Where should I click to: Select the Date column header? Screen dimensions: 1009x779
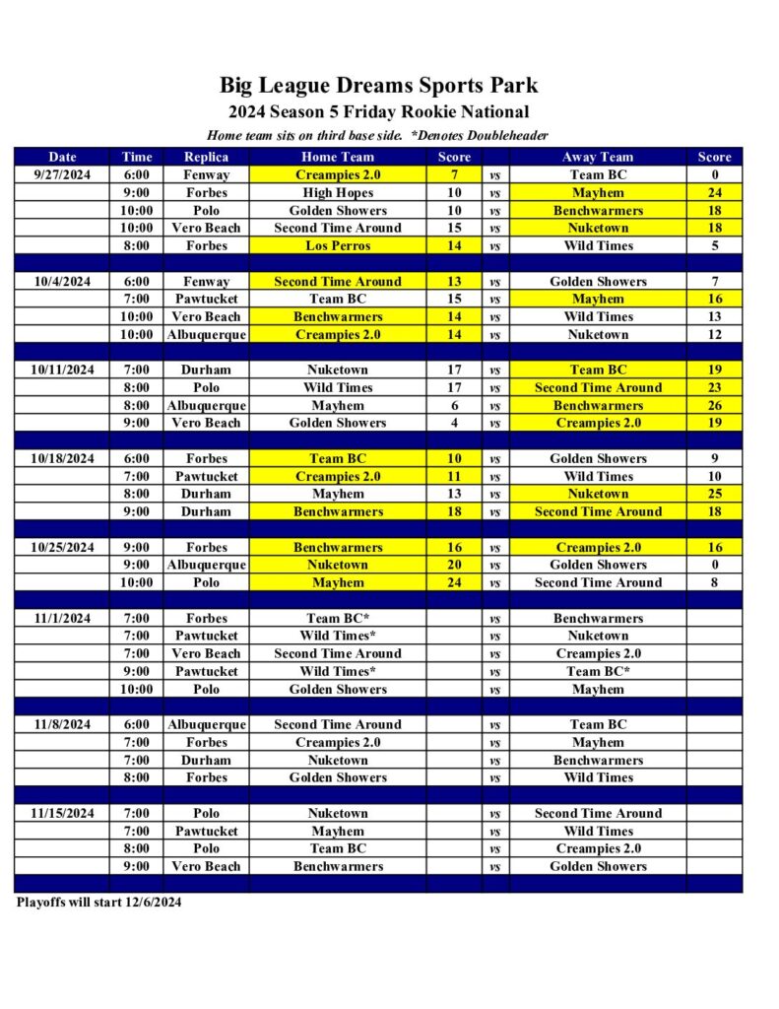(62, 157)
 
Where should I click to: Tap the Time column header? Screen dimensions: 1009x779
(137, 157)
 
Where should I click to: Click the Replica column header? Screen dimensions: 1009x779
(206, 157)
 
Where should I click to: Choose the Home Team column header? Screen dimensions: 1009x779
(338, 157)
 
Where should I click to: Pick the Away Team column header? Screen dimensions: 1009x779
(598, 157)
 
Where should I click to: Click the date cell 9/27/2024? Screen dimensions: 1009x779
(62, 174)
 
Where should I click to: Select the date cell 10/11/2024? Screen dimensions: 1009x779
(62, 370)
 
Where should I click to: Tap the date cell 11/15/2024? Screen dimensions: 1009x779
(62, 813)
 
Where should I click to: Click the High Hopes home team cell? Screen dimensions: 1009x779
(338, 192)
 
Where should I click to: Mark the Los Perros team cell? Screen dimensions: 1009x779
(338, 245)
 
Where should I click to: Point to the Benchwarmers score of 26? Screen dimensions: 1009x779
(714, 405)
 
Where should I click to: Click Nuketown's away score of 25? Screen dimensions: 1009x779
(714, 494)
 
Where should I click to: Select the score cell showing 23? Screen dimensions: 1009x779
(714, 387)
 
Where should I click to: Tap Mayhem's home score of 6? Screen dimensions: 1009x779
(454, 405)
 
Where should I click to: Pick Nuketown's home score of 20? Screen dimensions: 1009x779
(454, 565)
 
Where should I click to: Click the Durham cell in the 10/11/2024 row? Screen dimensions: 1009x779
(206, 370)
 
